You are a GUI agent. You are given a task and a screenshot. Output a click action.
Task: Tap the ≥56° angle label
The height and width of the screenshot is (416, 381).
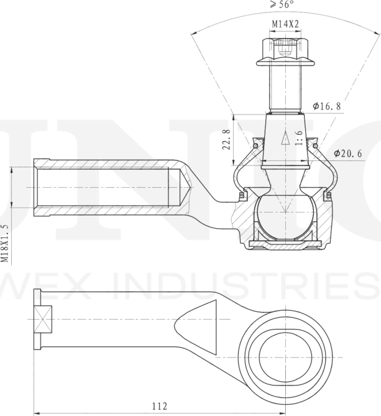click(282, 4)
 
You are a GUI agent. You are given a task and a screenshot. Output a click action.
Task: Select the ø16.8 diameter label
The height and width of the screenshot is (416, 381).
click(327, 106)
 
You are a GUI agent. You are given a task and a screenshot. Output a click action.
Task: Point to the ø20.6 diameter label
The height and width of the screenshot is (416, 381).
click(347, 153)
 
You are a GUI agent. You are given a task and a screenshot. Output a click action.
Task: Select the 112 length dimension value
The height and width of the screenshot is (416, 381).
click(159, 406)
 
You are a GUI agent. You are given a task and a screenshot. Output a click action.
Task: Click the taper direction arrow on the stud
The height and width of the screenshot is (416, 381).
click(285, 138)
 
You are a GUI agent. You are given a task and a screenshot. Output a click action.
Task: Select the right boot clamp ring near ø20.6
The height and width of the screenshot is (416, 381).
click(314, 146)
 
